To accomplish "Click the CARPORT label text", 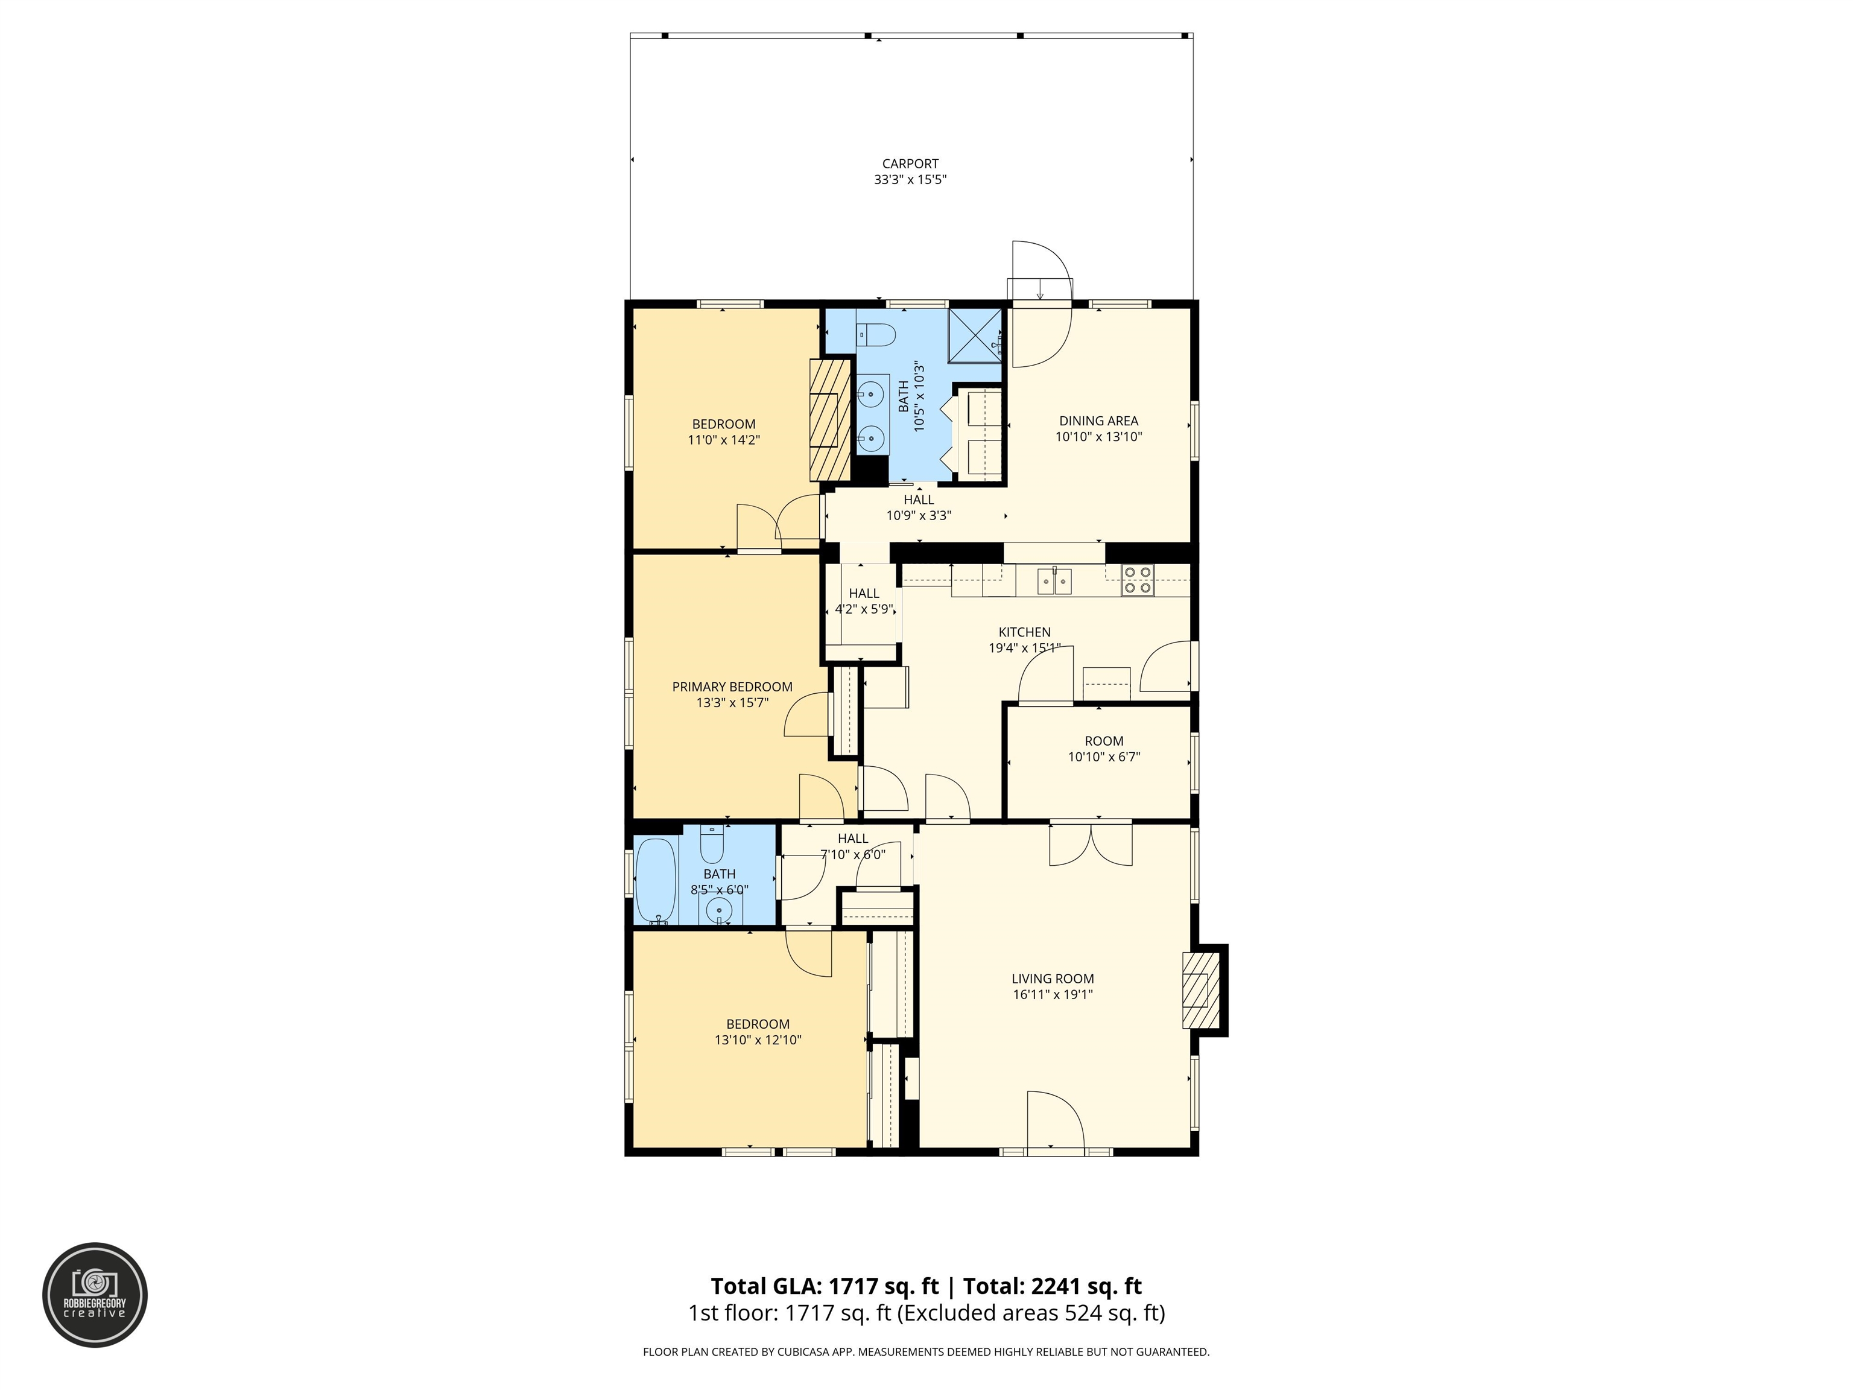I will (910, 164).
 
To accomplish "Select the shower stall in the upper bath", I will (975, 335).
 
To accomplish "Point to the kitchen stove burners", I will (1138, 580).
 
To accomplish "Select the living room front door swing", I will (1056, 1119).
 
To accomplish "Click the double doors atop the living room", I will (1091, 845).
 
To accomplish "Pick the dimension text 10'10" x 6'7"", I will (1103, 757).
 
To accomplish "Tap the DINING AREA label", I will (1098, 422).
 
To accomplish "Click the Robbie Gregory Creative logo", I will (95, 1295).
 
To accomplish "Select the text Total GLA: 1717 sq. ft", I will (825, 1286).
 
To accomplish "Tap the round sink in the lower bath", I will (719, 909).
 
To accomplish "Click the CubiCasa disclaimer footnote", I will (926, 1351).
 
